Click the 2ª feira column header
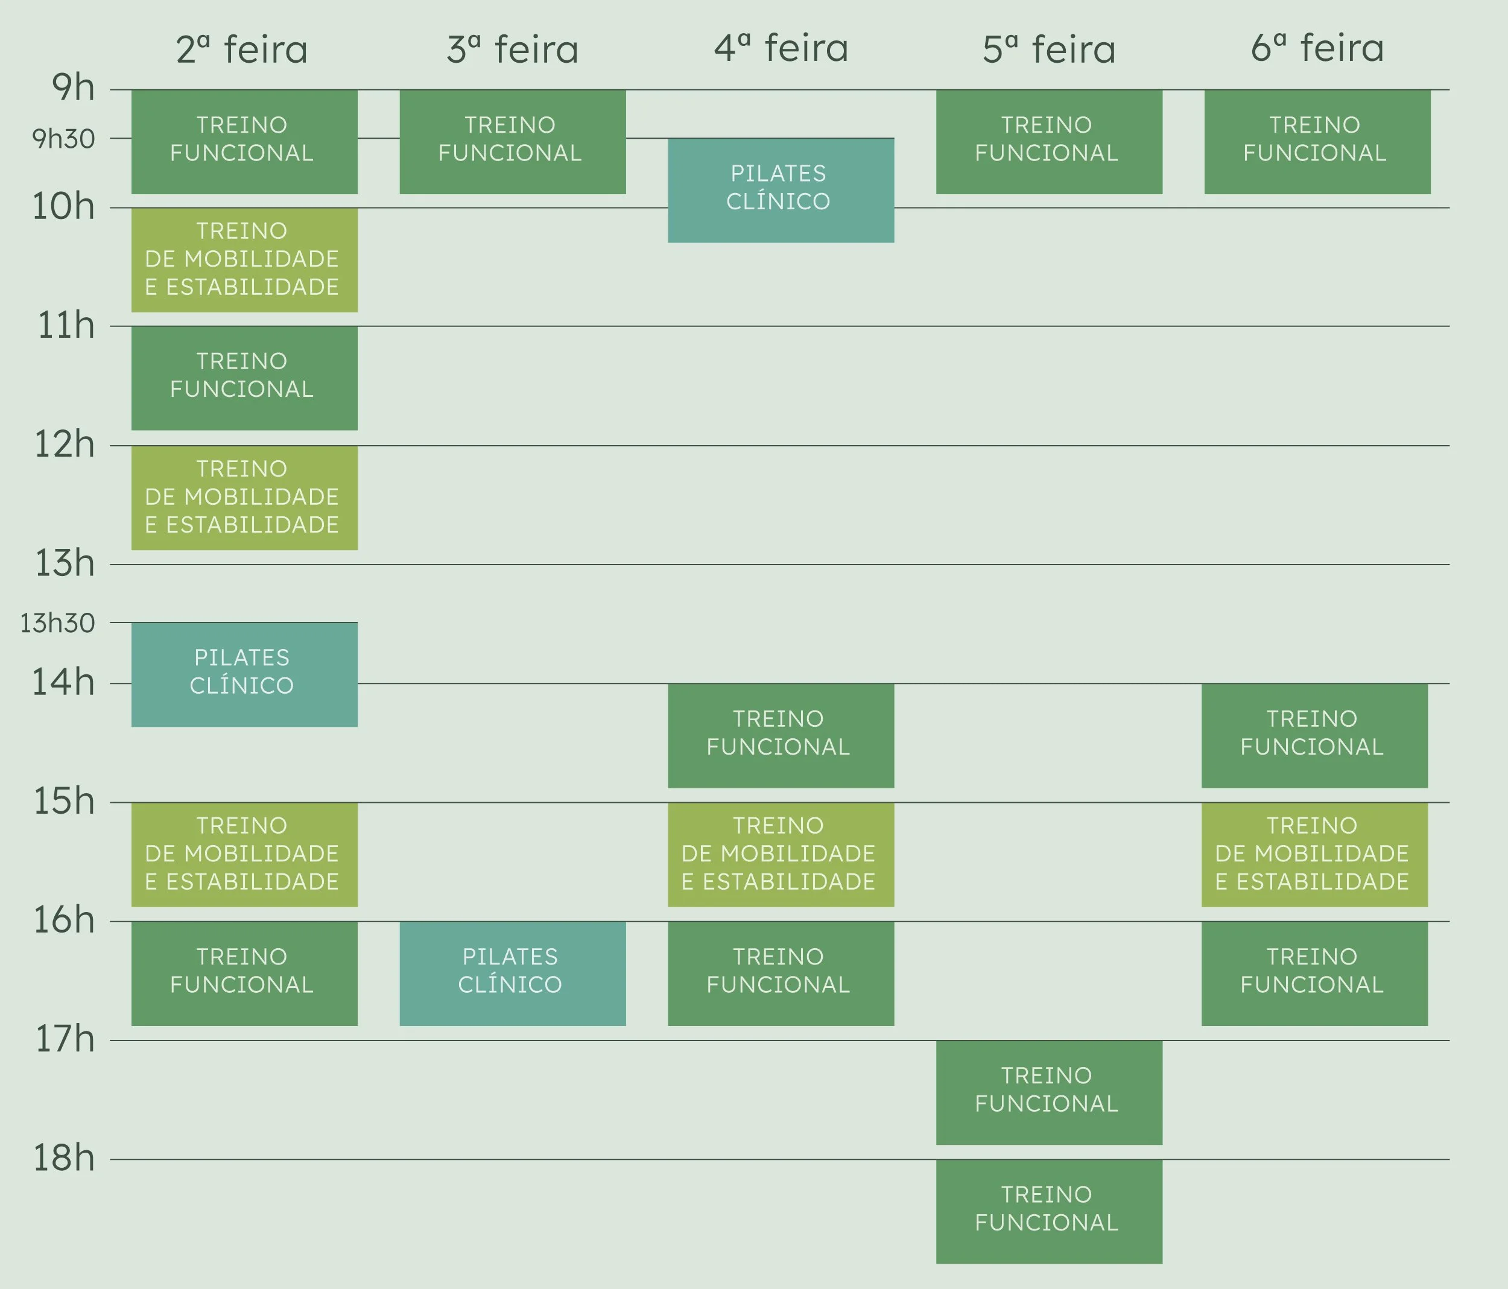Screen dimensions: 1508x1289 [x=242, y=49]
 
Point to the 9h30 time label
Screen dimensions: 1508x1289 [x=63, y=138]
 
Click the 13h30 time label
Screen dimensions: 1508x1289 [x=57, y=623]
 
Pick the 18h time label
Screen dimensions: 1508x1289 [x=64, y=1158]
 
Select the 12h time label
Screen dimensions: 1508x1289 [x=65, y=444]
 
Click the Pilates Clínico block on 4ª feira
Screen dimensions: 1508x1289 [x=781, y=189]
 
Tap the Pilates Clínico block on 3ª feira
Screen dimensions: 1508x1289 [x=512, y=973]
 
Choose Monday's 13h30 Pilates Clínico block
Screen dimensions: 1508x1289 [x=244, y=674]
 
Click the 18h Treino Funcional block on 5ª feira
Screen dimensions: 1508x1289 [x=1049, y=1211]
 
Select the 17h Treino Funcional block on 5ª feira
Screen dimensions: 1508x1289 [x=1049, y=1092]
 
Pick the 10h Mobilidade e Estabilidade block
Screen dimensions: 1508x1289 [x=244, y=260]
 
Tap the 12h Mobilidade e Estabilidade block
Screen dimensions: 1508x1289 [x=244, y=498]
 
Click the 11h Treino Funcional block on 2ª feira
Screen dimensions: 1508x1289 [x=244, y=378]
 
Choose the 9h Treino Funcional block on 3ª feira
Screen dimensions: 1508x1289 [x=512, y=141]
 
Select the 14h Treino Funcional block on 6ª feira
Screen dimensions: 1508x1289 [x=1314, y=735]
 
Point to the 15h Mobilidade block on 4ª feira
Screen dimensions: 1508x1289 [x=781, y=855]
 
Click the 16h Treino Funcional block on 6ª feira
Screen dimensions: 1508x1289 [x=1314, y=973]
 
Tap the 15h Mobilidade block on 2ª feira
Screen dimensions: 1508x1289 [x=244, y=855]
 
